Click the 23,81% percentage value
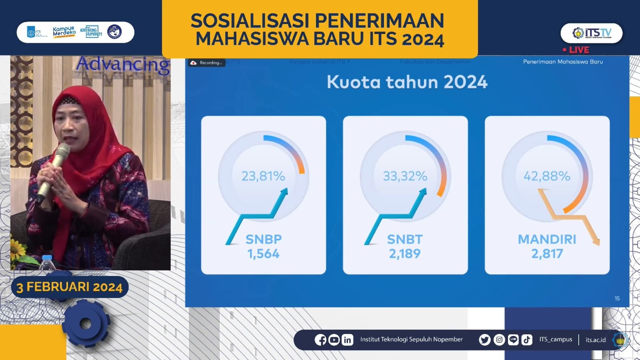(x=263, y=176)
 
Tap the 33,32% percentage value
(x=405, y=176)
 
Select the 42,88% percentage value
(x=547, y=176)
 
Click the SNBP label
(x=264, y=239)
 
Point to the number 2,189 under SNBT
(x=405, y=254)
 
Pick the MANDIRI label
(x=547, y=239)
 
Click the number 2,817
(x=547, y=254)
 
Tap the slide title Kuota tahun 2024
(x=407, y=82)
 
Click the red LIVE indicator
(x=576, y=50)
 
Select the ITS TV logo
(x=592, y=33)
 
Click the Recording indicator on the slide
(x=207, y=63)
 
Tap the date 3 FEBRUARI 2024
(x=70, y=287)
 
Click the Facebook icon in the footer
(x=320, y=340)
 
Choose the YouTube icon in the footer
(x=334, y=340)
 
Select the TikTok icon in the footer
(x=527, y=340)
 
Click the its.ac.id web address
(x=596, y=340)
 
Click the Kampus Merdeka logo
(x=64, y=32)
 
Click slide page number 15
(x=617, y=298)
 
